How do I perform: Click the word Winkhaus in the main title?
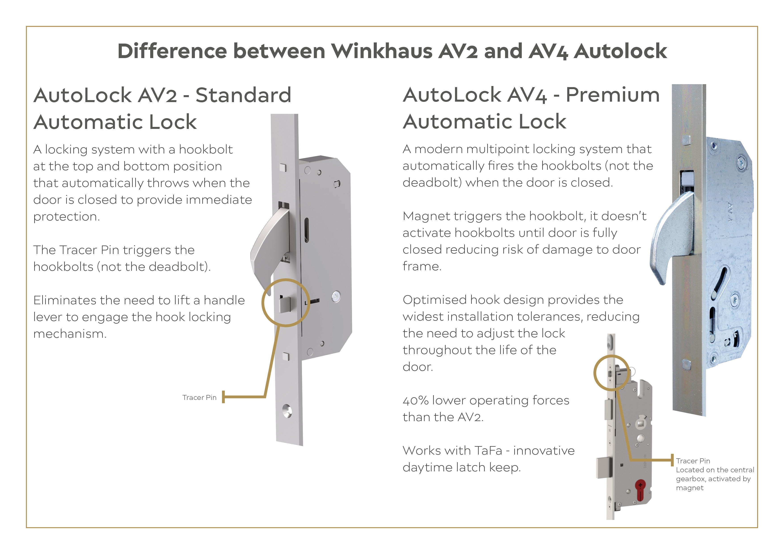[382, 51]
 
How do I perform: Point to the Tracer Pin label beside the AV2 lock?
[199, 397]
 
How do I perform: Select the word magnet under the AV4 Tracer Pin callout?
[689, 488]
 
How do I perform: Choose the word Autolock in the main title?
[620, 51]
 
